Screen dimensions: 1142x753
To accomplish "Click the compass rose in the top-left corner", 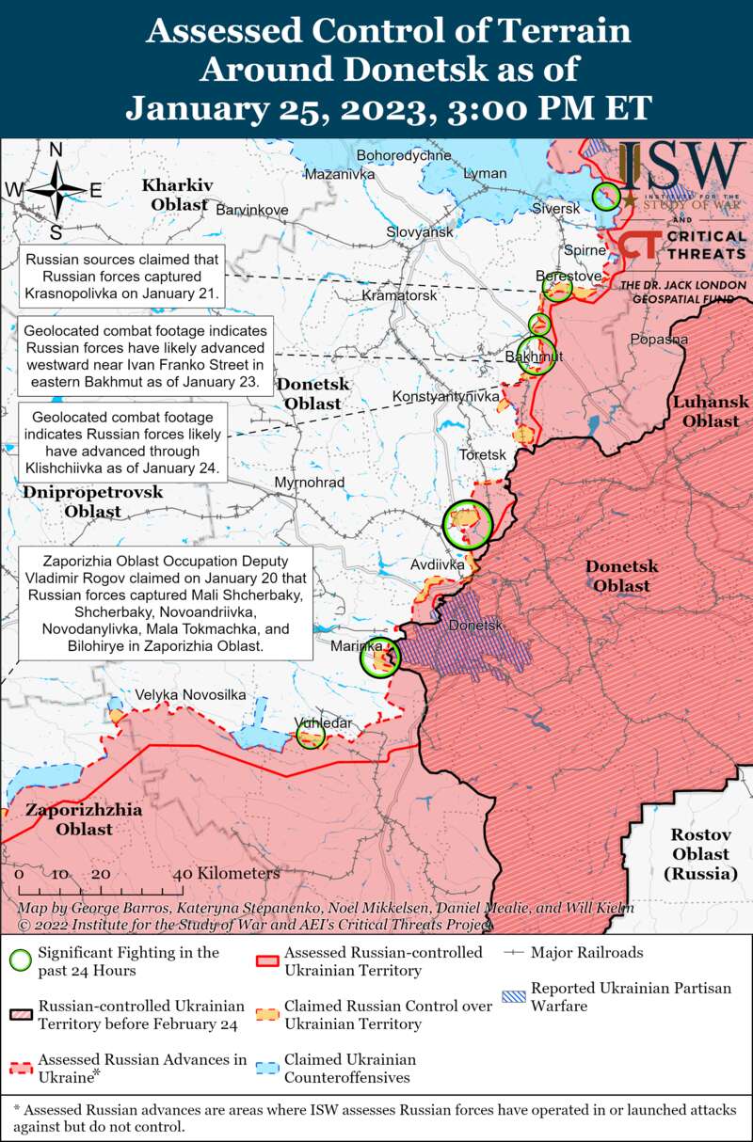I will (56, 191).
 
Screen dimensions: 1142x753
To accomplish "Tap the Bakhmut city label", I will (533, 357).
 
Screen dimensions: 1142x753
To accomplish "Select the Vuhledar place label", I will (322, 722).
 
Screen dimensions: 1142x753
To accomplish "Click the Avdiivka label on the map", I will (437, 565).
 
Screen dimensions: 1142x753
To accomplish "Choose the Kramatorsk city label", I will (399, 295).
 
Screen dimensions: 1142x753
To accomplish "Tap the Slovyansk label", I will (420, 231).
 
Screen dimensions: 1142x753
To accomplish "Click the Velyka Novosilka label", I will (190, 694).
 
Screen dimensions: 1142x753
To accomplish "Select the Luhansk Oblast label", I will (711, 411).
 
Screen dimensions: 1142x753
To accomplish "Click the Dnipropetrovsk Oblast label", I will (92, 501).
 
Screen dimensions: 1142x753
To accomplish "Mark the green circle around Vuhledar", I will (311, 735).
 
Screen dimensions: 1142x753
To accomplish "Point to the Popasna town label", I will (659, 339).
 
